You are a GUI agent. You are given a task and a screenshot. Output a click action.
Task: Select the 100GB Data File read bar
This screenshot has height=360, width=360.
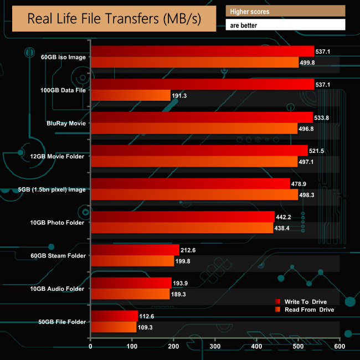tap(130, 95)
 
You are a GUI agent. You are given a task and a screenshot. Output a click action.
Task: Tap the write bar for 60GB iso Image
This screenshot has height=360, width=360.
tap(202, 52)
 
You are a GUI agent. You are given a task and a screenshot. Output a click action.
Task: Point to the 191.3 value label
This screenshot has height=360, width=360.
tap(180, 96)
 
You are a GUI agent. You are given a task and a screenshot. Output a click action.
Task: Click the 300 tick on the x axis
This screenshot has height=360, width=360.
tap(215, 347)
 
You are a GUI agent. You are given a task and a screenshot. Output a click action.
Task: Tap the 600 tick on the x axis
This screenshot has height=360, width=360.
tap(339, 347)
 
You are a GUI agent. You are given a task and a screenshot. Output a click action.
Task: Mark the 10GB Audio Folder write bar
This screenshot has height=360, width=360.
tap(131, 283)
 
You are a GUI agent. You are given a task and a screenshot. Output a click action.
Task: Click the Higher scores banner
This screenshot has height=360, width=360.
tap(285, 11)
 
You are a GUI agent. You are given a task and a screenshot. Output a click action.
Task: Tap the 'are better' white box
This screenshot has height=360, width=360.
tap(285, 25)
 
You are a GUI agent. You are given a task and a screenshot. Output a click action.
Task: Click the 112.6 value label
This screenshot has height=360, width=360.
tap(147, 316)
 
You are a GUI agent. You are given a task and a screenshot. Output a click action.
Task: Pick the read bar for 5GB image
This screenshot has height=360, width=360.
tap(194, 195)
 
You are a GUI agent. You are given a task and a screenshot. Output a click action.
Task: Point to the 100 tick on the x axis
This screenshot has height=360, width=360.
tap(132, 347)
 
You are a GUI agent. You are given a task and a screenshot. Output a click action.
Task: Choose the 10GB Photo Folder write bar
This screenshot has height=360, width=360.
tap(182, 217)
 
